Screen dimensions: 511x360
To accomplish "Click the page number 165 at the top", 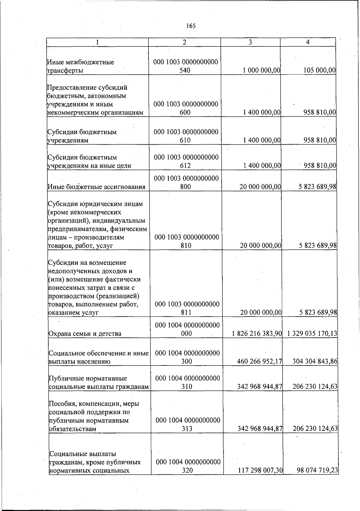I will pos(190,26).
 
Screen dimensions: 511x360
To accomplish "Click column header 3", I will pos(250,42).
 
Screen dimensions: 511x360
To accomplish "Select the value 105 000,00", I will pos(319,71).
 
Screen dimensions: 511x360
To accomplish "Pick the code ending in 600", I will pos(185,108).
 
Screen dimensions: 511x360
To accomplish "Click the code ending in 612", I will pos(186,161).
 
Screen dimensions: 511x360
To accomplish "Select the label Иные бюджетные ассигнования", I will pos(96,187).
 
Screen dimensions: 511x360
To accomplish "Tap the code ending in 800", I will pos(186,183).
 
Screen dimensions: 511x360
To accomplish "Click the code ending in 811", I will pos(187,308).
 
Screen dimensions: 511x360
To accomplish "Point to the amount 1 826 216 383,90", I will pos(257,333).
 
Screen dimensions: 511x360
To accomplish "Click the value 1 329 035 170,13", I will pos(312,333).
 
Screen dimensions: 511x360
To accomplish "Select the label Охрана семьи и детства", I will pos(85,333).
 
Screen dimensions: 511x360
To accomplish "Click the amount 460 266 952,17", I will pos(259,361).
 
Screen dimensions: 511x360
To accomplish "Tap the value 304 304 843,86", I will pos(315,361).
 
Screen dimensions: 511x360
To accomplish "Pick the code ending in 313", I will pos(187,424).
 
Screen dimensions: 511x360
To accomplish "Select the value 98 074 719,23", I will pos(317,470).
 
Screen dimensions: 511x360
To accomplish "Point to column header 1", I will pos(97,42).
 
